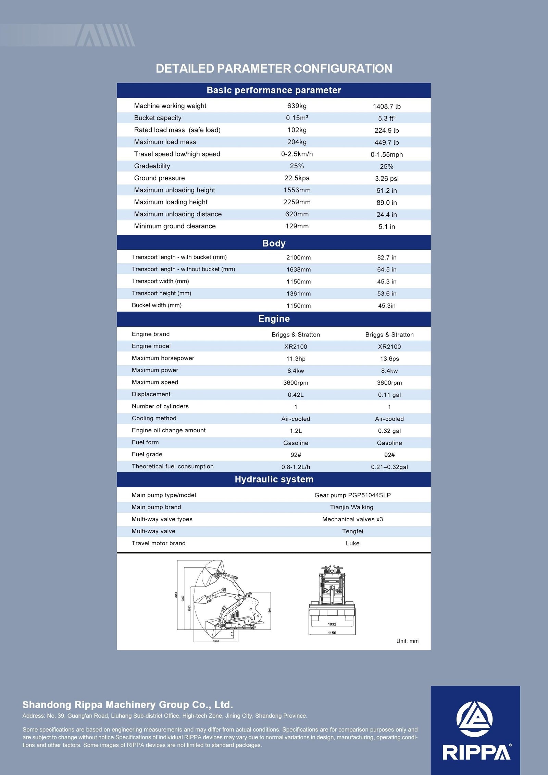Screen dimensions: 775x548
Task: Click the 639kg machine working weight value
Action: [297, 106]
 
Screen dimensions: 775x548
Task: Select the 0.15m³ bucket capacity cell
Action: [297, 118]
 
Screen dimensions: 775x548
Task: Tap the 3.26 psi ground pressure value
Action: [386, 179]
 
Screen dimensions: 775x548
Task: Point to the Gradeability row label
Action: [152, 166]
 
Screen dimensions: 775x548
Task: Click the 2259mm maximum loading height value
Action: [297, 202]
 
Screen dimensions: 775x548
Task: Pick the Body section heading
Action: [274, 243]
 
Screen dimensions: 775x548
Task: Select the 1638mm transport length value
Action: [298, 270]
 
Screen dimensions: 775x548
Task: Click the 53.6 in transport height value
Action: [386, 294]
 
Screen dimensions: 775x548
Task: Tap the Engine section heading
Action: [274, 319]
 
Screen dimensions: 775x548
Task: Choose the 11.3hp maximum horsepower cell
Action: [296, 359]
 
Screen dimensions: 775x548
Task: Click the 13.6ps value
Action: [389, 359]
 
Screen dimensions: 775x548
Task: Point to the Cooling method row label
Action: [154, 418]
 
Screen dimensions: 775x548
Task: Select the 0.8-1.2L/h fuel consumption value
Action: [296, 467]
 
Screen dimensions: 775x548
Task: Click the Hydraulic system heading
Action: [274, 479]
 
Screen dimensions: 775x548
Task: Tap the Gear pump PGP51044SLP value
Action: [352, 495]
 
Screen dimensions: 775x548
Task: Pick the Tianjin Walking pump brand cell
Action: [351, 507]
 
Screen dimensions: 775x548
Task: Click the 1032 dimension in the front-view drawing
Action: [332, 624]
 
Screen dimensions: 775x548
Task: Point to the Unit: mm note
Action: [407, 641]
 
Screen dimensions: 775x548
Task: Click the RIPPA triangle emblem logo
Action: [474, 719]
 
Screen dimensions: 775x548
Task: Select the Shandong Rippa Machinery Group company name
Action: [127, 704]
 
